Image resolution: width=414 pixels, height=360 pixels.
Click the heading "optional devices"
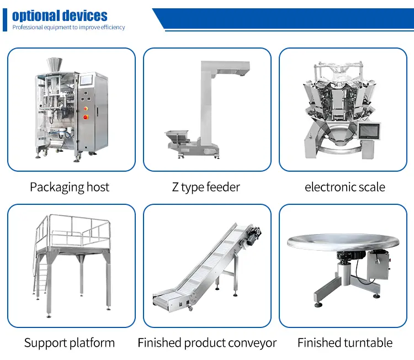60,16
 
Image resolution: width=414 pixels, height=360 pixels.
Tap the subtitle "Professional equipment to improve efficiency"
68,27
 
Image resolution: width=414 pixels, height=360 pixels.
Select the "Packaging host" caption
70,187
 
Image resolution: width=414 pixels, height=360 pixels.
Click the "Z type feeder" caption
206,187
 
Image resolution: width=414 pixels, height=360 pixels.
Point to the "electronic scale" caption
345,187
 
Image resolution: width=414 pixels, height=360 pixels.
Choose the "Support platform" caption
70,343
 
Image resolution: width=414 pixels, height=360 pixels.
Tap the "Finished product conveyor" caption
207,343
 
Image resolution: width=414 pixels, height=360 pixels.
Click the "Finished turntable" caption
345,343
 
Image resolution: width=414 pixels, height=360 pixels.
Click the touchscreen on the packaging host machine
86,80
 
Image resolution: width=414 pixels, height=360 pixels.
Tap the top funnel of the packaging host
55,65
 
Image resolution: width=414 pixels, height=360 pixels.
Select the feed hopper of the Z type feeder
177,135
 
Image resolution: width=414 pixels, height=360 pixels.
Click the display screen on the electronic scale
369,131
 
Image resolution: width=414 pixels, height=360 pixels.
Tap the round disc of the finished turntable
343,241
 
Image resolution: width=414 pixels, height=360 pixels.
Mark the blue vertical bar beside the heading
5,20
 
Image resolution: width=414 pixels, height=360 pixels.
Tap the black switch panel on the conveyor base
184,304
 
